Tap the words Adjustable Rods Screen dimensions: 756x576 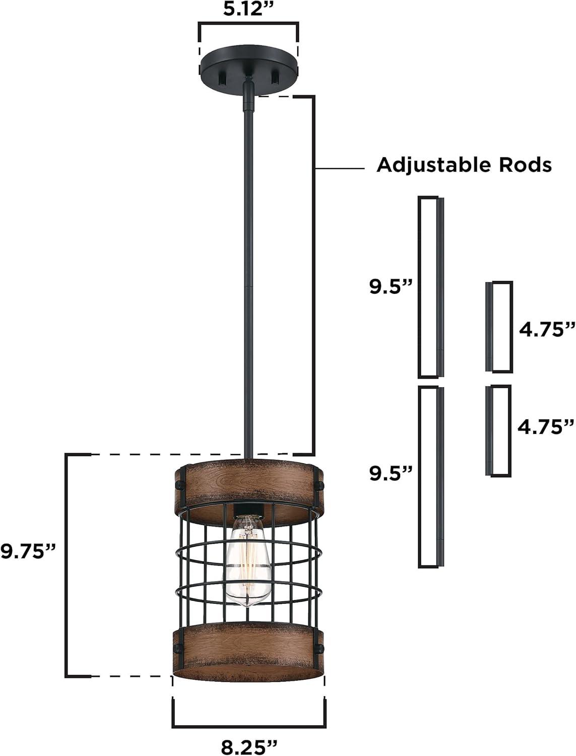[464, 165]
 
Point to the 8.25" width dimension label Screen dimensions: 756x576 [249, 744]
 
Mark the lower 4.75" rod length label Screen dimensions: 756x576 [546, 426]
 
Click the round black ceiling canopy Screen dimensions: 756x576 [248, 68]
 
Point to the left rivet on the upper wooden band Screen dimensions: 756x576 [179, 485]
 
